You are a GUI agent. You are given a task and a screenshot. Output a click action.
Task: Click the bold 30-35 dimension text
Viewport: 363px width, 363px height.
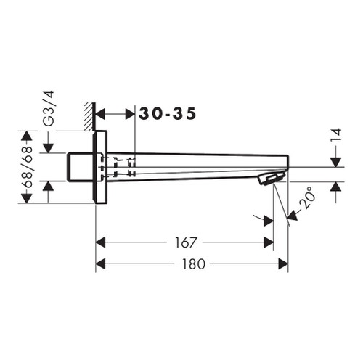tap(168, 113)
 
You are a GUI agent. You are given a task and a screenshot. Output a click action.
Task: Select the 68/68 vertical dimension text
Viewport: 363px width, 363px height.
tap(28, 167)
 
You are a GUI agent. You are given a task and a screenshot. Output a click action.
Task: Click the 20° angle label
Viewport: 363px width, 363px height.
tap(309, 196)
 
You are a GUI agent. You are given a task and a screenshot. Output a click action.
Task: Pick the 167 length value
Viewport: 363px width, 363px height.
tap(184, 242)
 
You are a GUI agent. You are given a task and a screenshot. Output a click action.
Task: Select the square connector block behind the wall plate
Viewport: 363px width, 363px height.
tap(80, 167)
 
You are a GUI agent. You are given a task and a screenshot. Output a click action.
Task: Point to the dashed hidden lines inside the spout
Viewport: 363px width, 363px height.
tap(120, 166)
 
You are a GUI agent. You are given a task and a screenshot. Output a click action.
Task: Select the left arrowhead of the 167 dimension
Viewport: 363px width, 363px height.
tap(102, 242)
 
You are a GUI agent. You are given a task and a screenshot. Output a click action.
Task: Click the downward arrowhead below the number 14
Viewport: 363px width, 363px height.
tap(335, 160)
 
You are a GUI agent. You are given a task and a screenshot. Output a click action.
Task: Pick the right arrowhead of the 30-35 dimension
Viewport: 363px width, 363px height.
tap(130, 113)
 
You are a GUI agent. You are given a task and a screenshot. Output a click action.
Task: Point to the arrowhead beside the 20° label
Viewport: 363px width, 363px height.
tap(293, 213)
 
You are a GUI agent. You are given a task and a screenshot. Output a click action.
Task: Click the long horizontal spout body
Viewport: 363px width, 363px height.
tap(196, 163)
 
